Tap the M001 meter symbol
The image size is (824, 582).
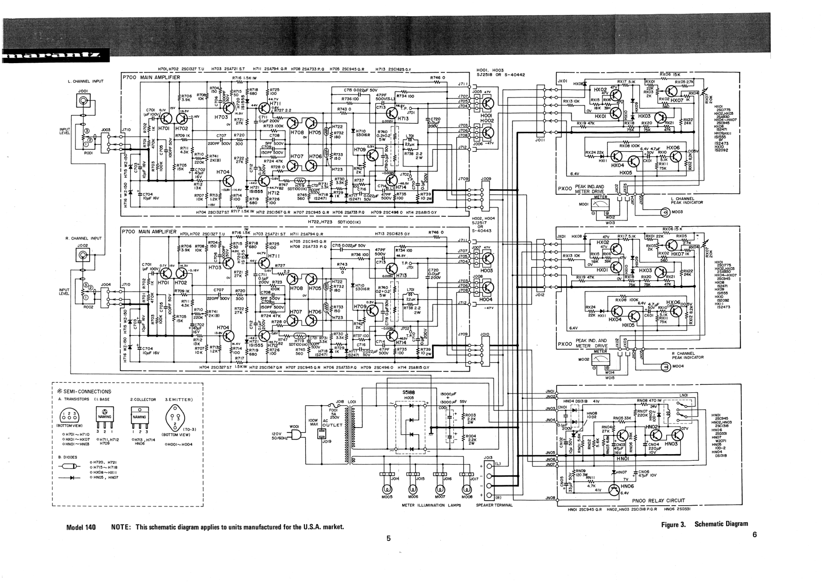(x=601, y=204)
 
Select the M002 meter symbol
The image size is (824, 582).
(x=601, y=359)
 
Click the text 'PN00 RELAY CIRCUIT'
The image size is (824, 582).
(x=658, y=500)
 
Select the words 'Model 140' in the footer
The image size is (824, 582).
(x=81, y=527)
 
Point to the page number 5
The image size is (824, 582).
(x=389, y=538)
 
